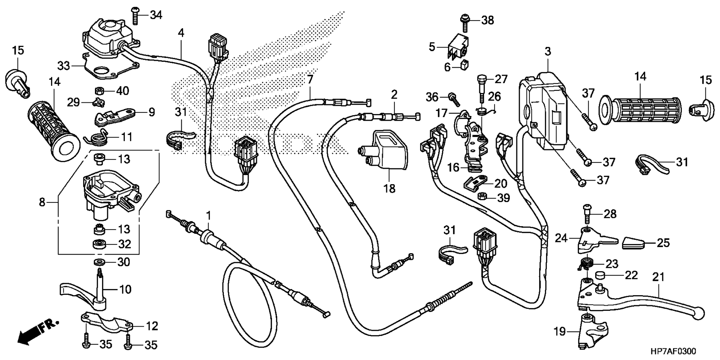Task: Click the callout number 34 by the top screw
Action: pyautogui.click(x=156, y=15)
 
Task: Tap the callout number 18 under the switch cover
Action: pyautogui.click(x=390, y=189)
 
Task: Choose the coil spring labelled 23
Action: pyautogui.click(x=585, y=264)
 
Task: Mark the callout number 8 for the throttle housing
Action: pyautogui.click(x=42, y=202)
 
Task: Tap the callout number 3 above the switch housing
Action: pyautogui.click(x=548, y=51)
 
